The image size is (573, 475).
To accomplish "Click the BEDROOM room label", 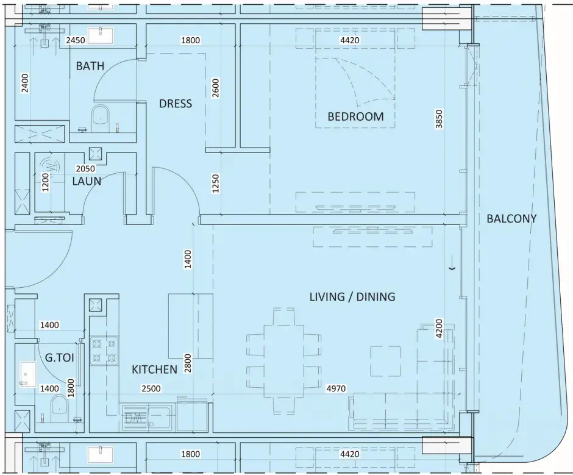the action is click(x=355, y=116).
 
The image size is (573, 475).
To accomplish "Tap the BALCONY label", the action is click(x=511, y=219).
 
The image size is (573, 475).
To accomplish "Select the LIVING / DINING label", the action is click(x=352, y=296).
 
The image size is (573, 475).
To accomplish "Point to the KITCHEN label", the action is click(x=154, y=370).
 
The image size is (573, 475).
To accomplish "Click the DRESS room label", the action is click(x=176, y=104).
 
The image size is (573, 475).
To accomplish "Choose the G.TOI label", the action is click(x=60, y=357).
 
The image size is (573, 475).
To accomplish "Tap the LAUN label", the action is click(x=87, y=181).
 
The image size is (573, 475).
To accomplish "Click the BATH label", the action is click(x=90, y=66).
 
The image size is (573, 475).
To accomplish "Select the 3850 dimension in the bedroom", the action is click(x=440, y=119).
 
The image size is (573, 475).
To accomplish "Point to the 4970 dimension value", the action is click(x=336, y=388).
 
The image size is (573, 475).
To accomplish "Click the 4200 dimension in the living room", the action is click(x=439, y=329).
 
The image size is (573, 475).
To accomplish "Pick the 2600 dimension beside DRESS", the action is click(x=216, y=88).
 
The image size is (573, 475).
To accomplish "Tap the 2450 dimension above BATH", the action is click(x=76, y=40).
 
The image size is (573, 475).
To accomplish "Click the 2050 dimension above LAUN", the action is click(x=85, y=168).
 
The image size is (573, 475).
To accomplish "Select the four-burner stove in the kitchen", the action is click(x=104, y=351).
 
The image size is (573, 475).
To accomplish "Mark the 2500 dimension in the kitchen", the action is click(x=151, y=388).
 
